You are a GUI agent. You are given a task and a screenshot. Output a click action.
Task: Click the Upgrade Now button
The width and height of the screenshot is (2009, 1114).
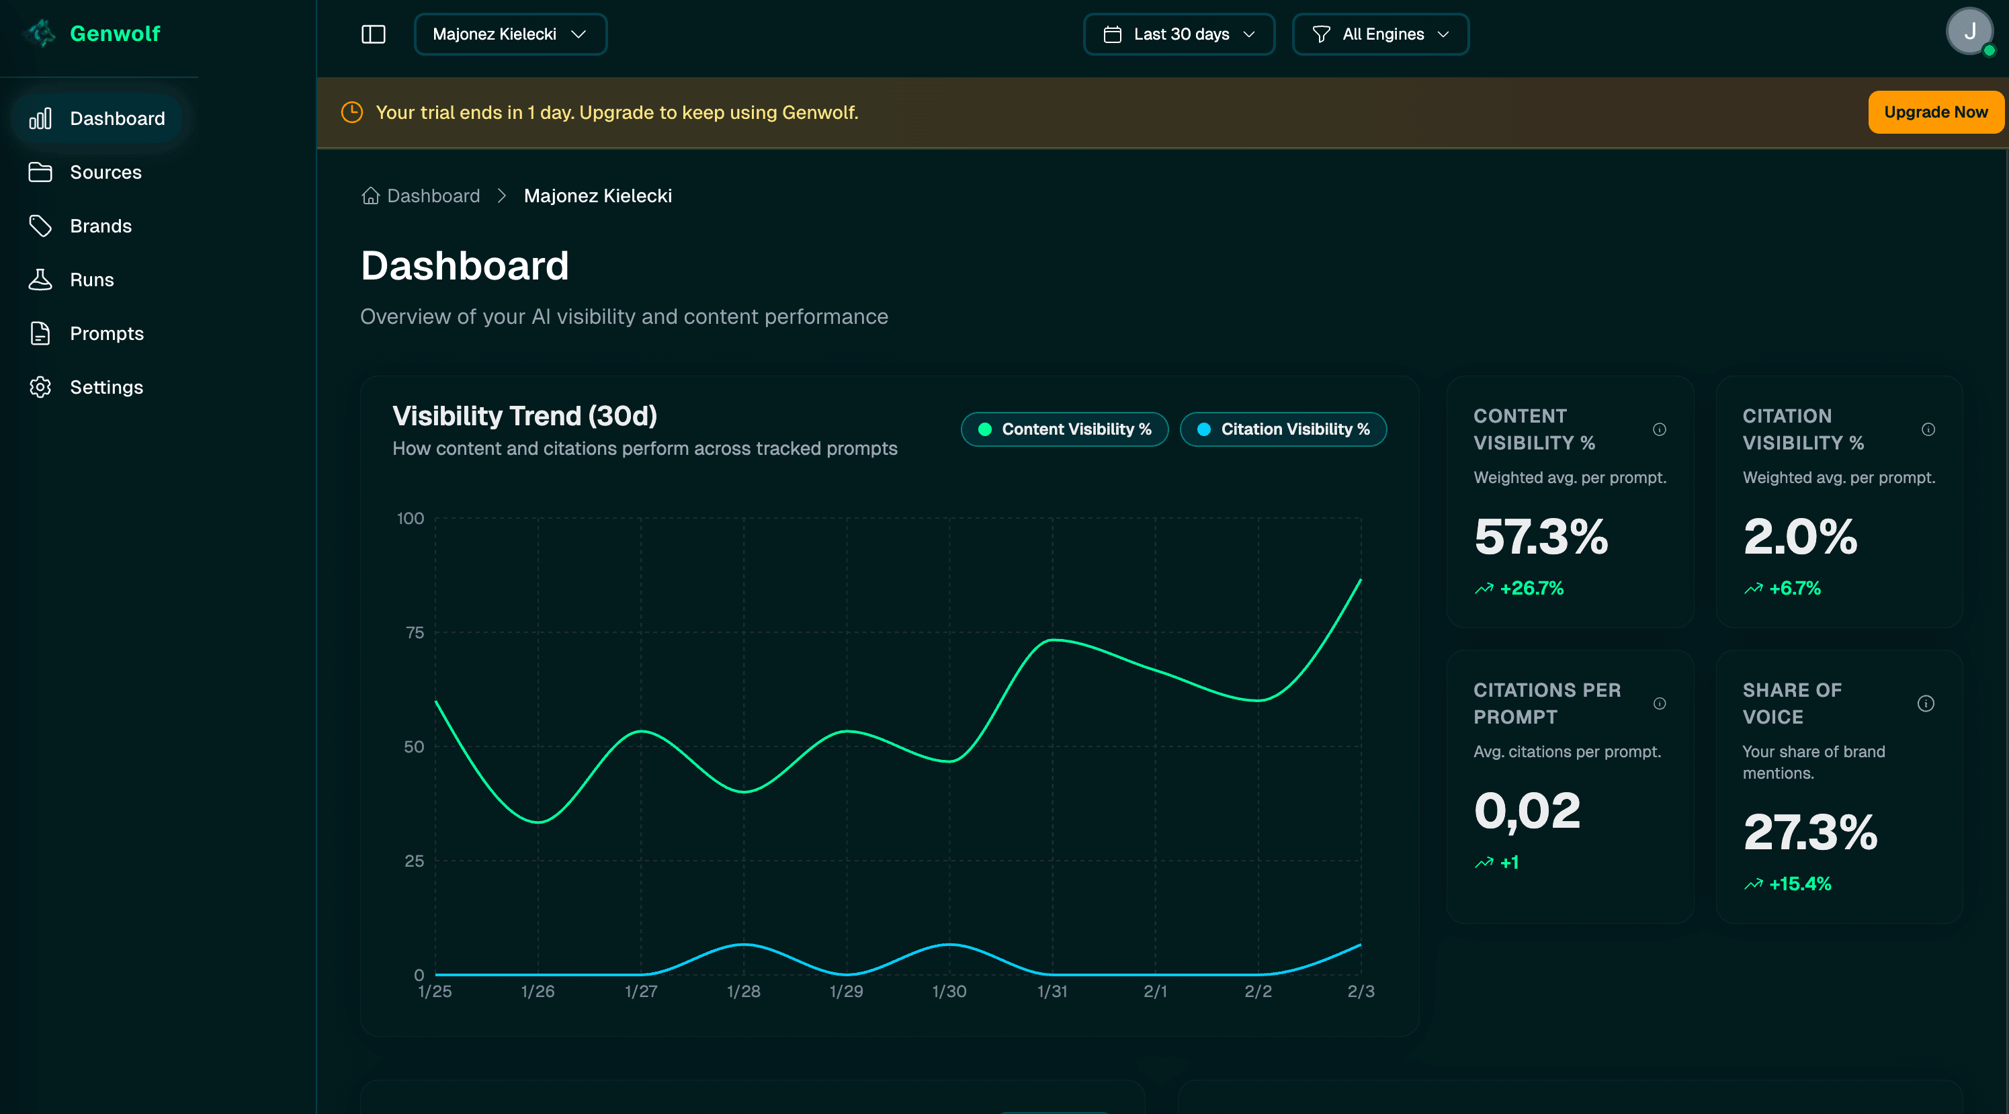click(1935, 112)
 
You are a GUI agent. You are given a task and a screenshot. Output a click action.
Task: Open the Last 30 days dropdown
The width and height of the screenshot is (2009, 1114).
click(1179, 34)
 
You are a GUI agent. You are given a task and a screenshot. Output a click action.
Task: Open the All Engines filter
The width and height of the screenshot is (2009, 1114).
click(1379, 34)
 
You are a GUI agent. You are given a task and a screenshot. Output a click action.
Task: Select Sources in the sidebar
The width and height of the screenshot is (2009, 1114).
click(105, 173)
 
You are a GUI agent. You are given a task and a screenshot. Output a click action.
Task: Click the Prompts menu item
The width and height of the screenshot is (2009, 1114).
click(107, 334)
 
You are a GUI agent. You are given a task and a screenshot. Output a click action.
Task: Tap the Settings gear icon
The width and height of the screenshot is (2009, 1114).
click(40, 388)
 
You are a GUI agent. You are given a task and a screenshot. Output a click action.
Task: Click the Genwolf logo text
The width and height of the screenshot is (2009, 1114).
click(115, 34)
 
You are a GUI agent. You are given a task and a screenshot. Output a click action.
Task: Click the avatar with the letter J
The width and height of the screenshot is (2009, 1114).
click(1969, 32)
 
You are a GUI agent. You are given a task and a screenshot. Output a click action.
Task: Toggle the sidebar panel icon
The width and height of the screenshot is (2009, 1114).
click(374, 34)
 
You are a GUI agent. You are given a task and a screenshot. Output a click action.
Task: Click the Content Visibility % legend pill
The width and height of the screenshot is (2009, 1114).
click(1064, 430)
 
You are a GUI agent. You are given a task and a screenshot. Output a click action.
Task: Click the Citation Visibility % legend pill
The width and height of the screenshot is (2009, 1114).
click(1283, 430)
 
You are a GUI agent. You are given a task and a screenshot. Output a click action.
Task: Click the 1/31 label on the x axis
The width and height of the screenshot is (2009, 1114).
click(1052, 992)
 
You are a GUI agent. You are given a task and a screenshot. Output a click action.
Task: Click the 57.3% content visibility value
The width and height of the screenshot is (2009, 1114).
click(1540, 538)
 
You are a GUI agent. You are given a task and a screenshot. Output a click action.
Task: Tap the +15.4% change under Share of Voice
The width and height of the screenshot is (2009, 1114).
click(1799, 884)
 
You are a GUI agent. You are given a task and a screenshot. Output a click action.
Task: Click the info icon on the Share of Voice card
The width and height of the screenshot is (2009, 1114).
click(1925, 703)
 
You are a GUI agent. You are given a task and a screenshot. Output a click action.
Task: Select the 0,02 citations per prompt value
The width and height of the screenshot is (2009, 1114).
click(1527, 812)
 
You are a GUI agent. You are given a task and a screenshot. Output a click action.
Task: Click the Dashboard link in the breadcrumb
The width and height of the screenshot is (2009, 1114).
click(433, 196)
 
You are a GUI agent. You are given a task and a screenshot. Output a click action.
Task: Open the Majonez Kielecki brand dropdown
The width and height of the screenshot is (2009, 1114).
click(510, 34)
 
